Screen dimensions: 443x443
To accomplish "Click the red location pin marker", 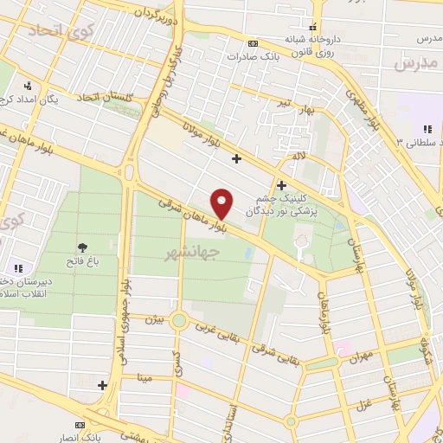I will [222, 203].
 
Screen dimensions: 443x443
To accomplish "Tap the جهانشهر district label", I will [190, 252].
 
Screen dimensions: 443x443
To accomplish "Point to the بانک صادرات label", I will [251, 56].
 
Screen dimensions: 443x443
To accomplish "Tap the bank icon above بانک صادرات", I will [252, 43].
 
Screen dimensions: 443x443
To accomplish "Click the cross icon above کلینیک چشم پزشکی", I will [281, 185].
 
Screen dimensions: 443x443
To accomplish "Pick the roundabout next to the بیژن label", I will [179, 321].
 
